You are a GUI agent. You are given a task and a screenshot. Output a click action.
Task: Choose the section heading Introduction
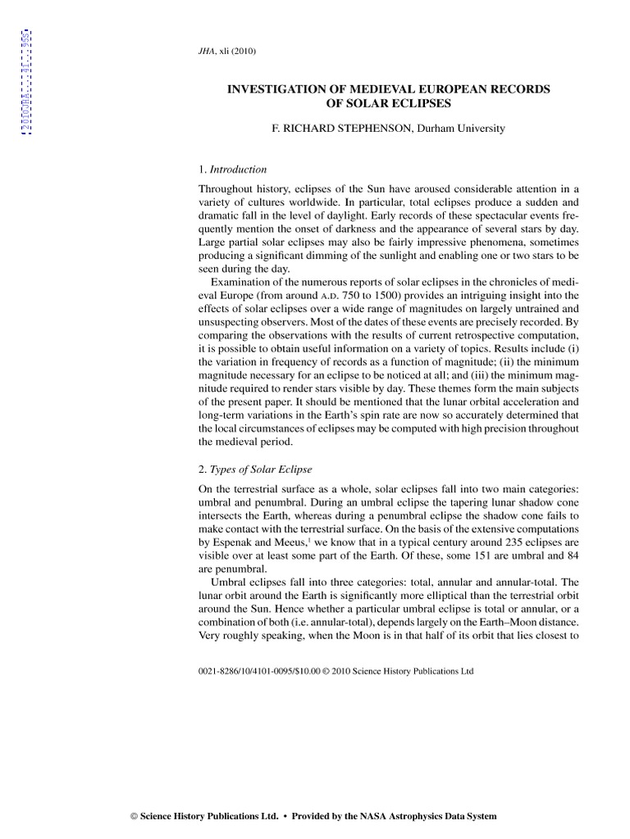pyautogui.click(x=238, y=170)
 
